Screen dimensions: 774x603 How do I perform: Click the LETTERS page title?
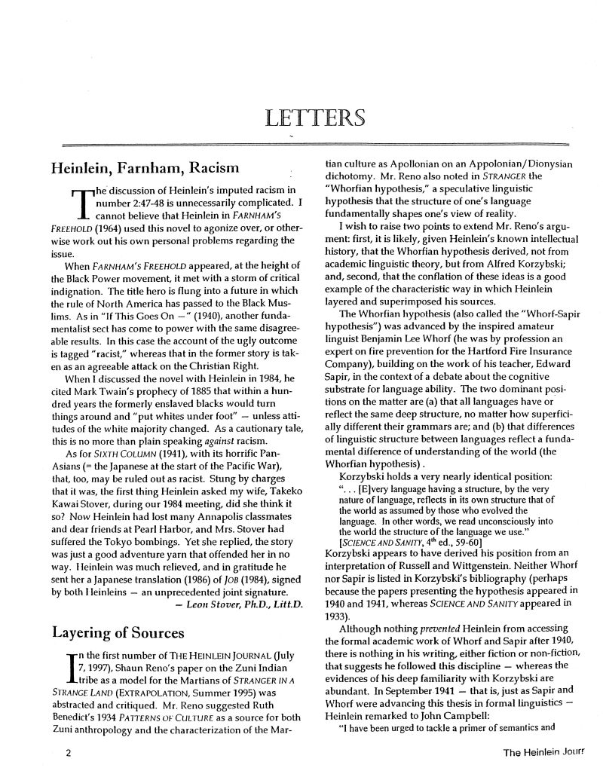click(x=316, y=118)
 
